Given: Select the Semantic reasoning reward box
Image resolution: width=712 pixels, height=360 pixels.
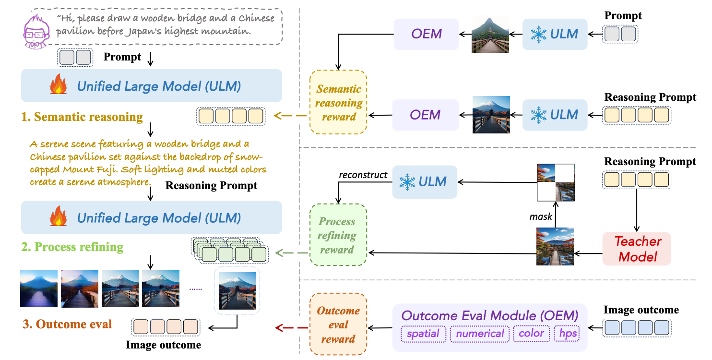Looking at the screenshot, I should (x=339, y=103).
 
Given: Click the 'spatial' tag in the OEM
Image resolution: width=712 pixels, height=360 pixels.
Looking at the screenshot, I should (x=424, y=334).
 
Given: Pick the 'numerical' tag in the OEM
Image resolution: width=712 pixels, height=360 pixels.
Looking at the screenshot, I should (x=480, y=334).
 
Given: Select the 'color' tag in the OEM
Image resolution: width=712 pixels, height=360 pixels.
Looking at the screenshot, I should (x=531, y=334).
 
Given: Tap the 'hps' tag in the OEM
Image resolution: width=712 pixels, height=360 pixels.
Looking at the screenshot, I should (x=568, y=334).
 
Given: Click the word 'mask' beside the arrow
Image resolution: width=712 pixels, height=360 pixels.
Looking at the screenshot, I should (x=541, y=216).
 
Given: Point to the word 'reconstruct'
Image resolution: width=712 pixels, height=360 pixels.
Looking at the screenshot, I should (x=363, y=175).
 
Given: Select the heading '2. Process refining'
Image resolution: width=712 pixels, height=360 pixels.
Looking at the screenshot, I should (x=72, y=247).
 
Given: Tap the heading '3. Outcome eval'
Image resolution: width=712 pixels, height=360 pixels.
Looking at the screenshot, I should (x=67, y=324).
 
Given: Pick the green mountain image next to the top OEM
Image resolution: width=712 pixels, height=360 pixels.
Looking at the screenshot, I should (x=490, y=34).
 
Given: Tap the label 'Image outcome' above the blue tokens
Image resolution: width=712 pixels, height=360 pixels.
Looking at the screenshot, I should (x=641, y=310).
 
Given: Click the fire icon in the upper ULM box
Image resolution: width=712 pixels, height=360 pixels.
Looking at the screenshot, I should (x=59, y=86).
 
